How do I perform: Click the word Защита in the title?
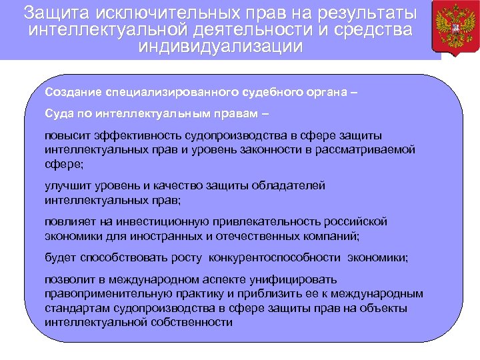coord(55,13)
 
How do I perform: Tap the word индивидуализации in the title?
coord(220,47)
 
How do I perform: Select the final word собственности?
coord(189,321)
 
